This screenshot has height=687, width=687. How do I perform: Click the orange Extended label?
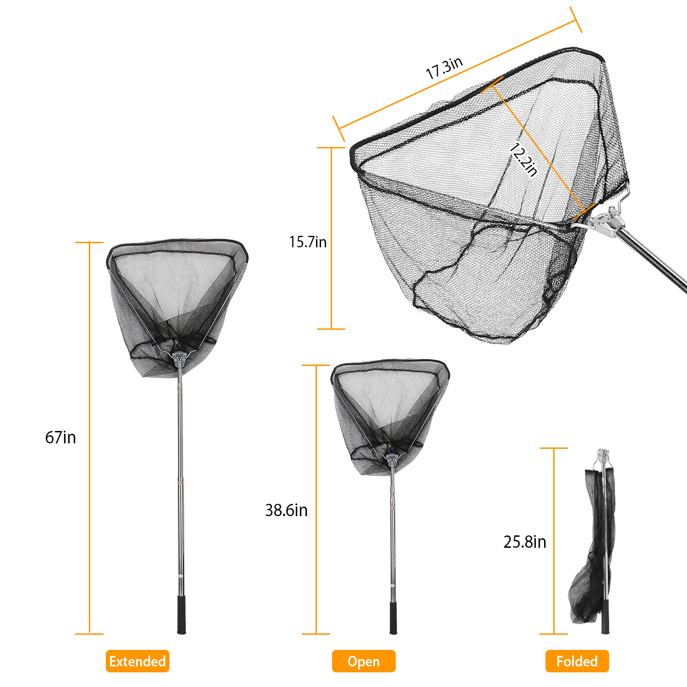tap(137, 661)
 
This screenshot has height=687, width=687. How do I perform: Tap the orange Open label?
tap(364, 661)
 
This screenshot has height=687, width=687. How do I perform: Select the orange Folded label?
tap(577, 661)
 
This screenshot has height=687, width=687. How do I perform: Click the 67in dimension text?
tap(60, 437)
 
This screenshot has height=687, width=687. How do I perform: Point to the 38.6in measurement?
tap(286, 510)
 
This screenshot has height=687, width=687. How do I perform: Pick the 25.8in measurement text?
tap(525, 542)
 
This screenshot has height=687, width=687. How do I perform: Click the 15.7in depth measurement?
tap(308, 242)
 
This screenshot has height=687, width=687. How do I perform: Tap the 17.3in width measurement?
tap(444, 68)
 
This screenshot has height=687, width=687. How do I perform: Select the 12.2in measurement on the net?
tap(523, 160)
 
